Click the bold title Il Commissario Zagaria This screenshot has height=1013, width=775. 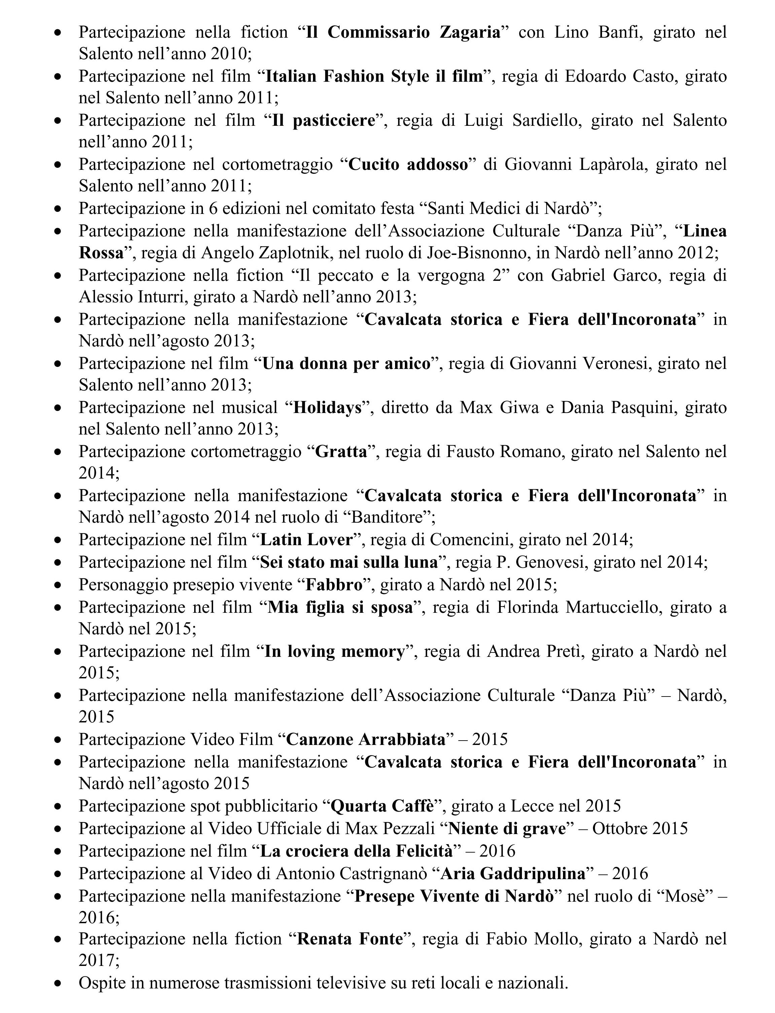pos(403,32)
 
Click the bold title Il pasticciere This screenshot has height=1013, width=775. pos(323,120)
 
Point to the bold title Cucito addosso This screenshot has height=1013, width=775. pos(408,164)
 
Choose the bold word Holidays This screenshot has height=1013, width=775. pos(327,408)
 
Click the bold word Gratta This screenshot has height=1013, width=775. pos(341,451)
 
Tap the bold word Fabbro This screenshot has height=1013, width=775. pos(334,585)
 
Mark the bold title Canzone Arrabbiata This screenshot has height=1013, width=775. pos(366,739)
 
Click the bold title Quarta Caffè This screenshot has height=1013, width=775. pos(383,805)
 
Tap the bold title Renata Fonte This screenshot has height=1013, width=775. pos(350,939)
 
